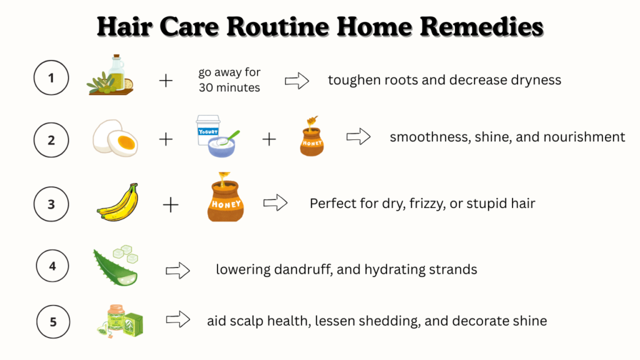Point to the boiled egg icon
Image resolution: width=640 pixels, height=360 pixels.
point(115,138)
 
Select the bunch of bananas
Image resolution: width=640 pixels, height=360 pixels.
point(118,202)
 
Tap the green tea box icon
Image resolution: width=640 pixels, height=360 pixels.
point(121,321)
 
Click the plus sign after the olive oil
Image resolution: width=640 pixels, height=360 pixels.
point(166,81)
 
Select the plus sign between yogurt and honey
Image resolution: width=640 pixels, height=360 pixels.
point(269,139)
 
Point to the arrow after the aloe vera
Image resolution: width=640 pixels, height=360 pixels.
point(178,270)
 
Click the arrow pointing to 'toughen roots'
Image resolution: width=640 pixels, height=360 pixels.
point(297,81)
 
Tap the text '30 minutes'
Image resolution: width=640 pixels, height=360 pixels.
point(229,87)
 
